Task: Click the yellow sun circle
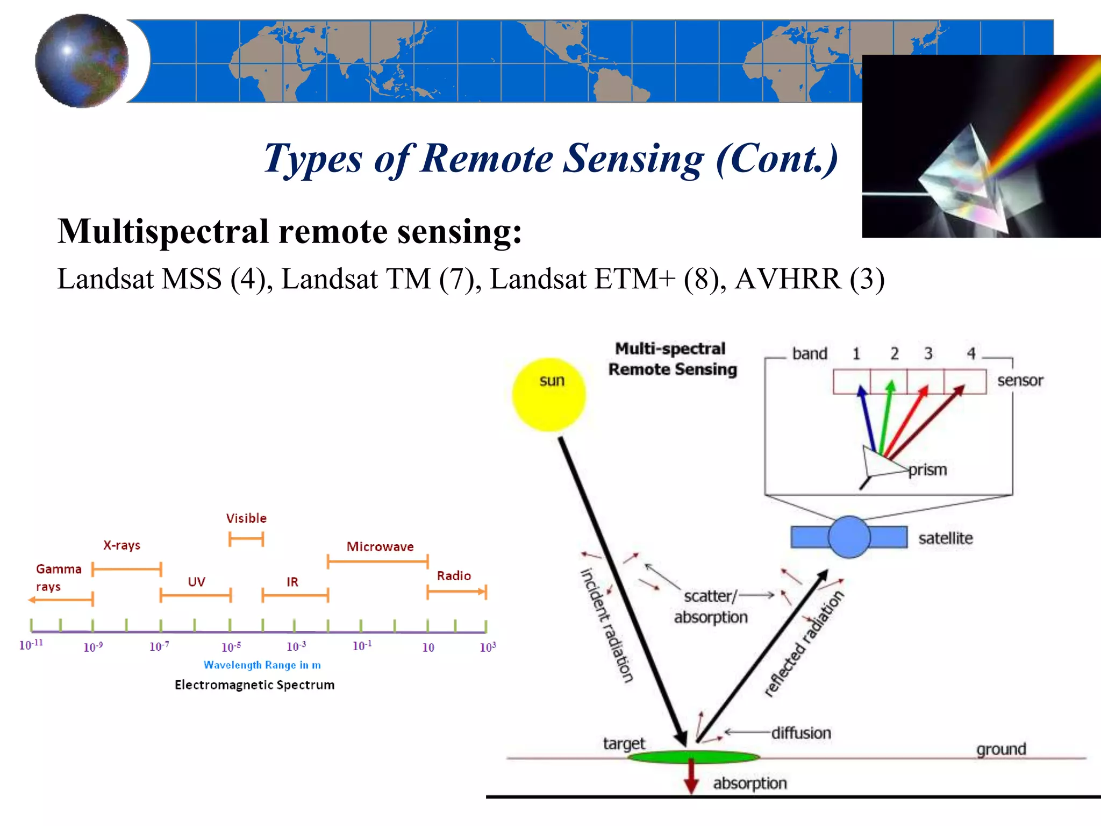point(548,395)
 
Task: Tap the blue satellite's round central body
point(849,537)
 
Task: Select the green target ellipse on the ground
point(694,757)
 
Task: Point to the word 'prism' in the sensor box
point(927,469)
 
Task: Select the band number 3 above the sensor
point(928,353)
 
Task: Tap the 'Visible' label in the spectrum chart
point(246,518)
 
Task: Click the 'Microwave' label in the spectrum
point(380,546)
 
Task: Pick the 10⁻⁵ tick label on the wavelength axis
point(231,647)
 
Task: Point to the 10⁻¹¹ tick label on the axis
point(31,645)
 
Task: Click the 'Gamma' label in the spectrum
point(59,569)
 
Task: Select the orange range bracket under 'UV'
point(195,595)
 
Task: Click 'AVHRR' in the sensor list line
point(788,279)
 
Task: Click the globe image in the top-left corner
point(82,61)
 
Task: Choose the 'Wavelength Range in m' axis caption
point(262,665)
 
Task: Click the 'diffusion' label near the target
point(801,733)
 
